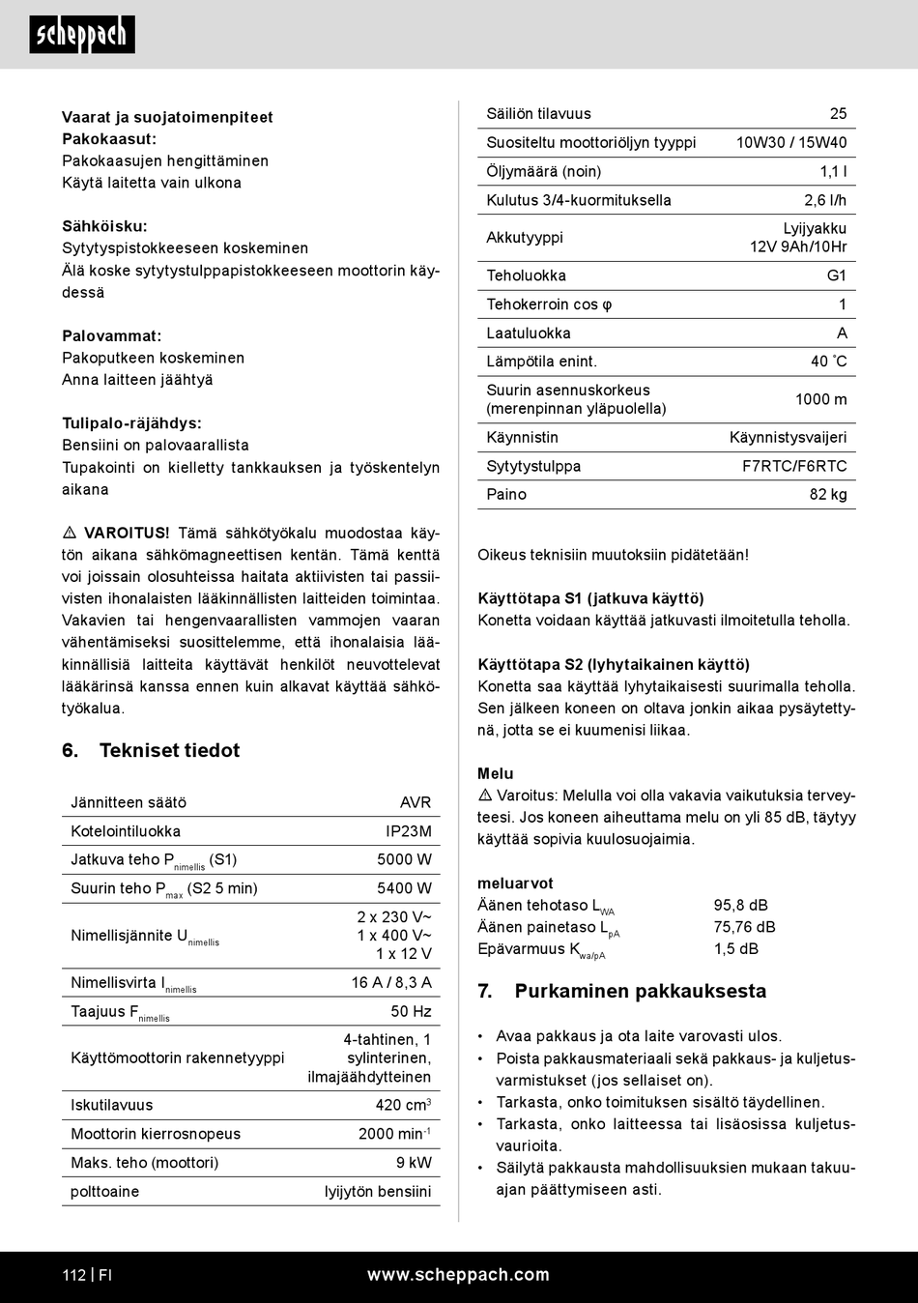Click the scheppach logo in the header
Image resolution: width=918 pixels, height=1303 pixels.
tap(82, 35)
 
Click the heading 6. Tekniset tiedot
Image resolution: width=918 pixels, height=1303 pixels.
tap(151, 750)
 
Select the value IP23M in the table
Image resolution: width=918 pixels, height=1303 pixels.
tap(408, 831)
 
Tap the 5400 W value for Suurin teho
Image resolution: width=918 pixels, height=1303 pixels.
tap(404, 888)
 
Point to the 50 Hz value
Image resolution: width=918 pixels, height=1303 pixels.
tap(411, 1011)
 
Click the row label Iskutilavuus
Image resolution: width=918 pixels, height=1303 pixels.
tap(111, 1105)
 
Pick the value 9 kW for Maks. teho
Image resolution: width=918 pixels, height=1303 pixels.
tap(414, 1163)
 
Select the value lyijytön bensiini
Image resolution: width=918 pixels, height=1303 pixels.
tap(378, 1192)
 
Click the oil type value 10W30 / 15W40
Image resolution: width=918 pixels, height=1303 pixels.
tap(790, 142)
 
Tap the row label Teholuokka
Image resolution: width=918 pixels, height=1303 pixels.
tap(526, 275)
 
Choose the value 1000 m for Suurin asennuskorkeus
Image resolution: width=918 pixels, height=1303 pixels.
tap(820, 399)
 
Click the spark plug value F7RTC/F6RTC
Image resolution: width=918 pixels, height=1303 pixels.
tap(794, 466)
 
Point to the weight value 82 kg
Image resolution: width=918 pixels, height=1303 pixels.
tap(828, 494)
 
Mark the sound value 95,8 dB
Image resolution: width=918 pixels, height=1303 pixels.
tap(740, 905)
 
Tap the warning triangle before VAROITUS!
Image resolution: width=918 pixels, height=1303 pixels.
tap(70, 534)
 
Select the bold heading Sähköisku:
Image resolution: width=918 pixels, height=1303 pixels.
tap(104, 226)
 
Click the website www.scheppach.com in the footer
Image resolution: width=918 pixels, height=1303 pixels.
tap(458, 1275)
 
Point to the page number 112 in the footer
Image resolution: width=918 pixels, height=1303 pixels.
tap(74, 1275)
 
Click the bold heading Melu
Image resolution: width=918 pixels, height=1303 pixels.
tap(496, 773)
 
